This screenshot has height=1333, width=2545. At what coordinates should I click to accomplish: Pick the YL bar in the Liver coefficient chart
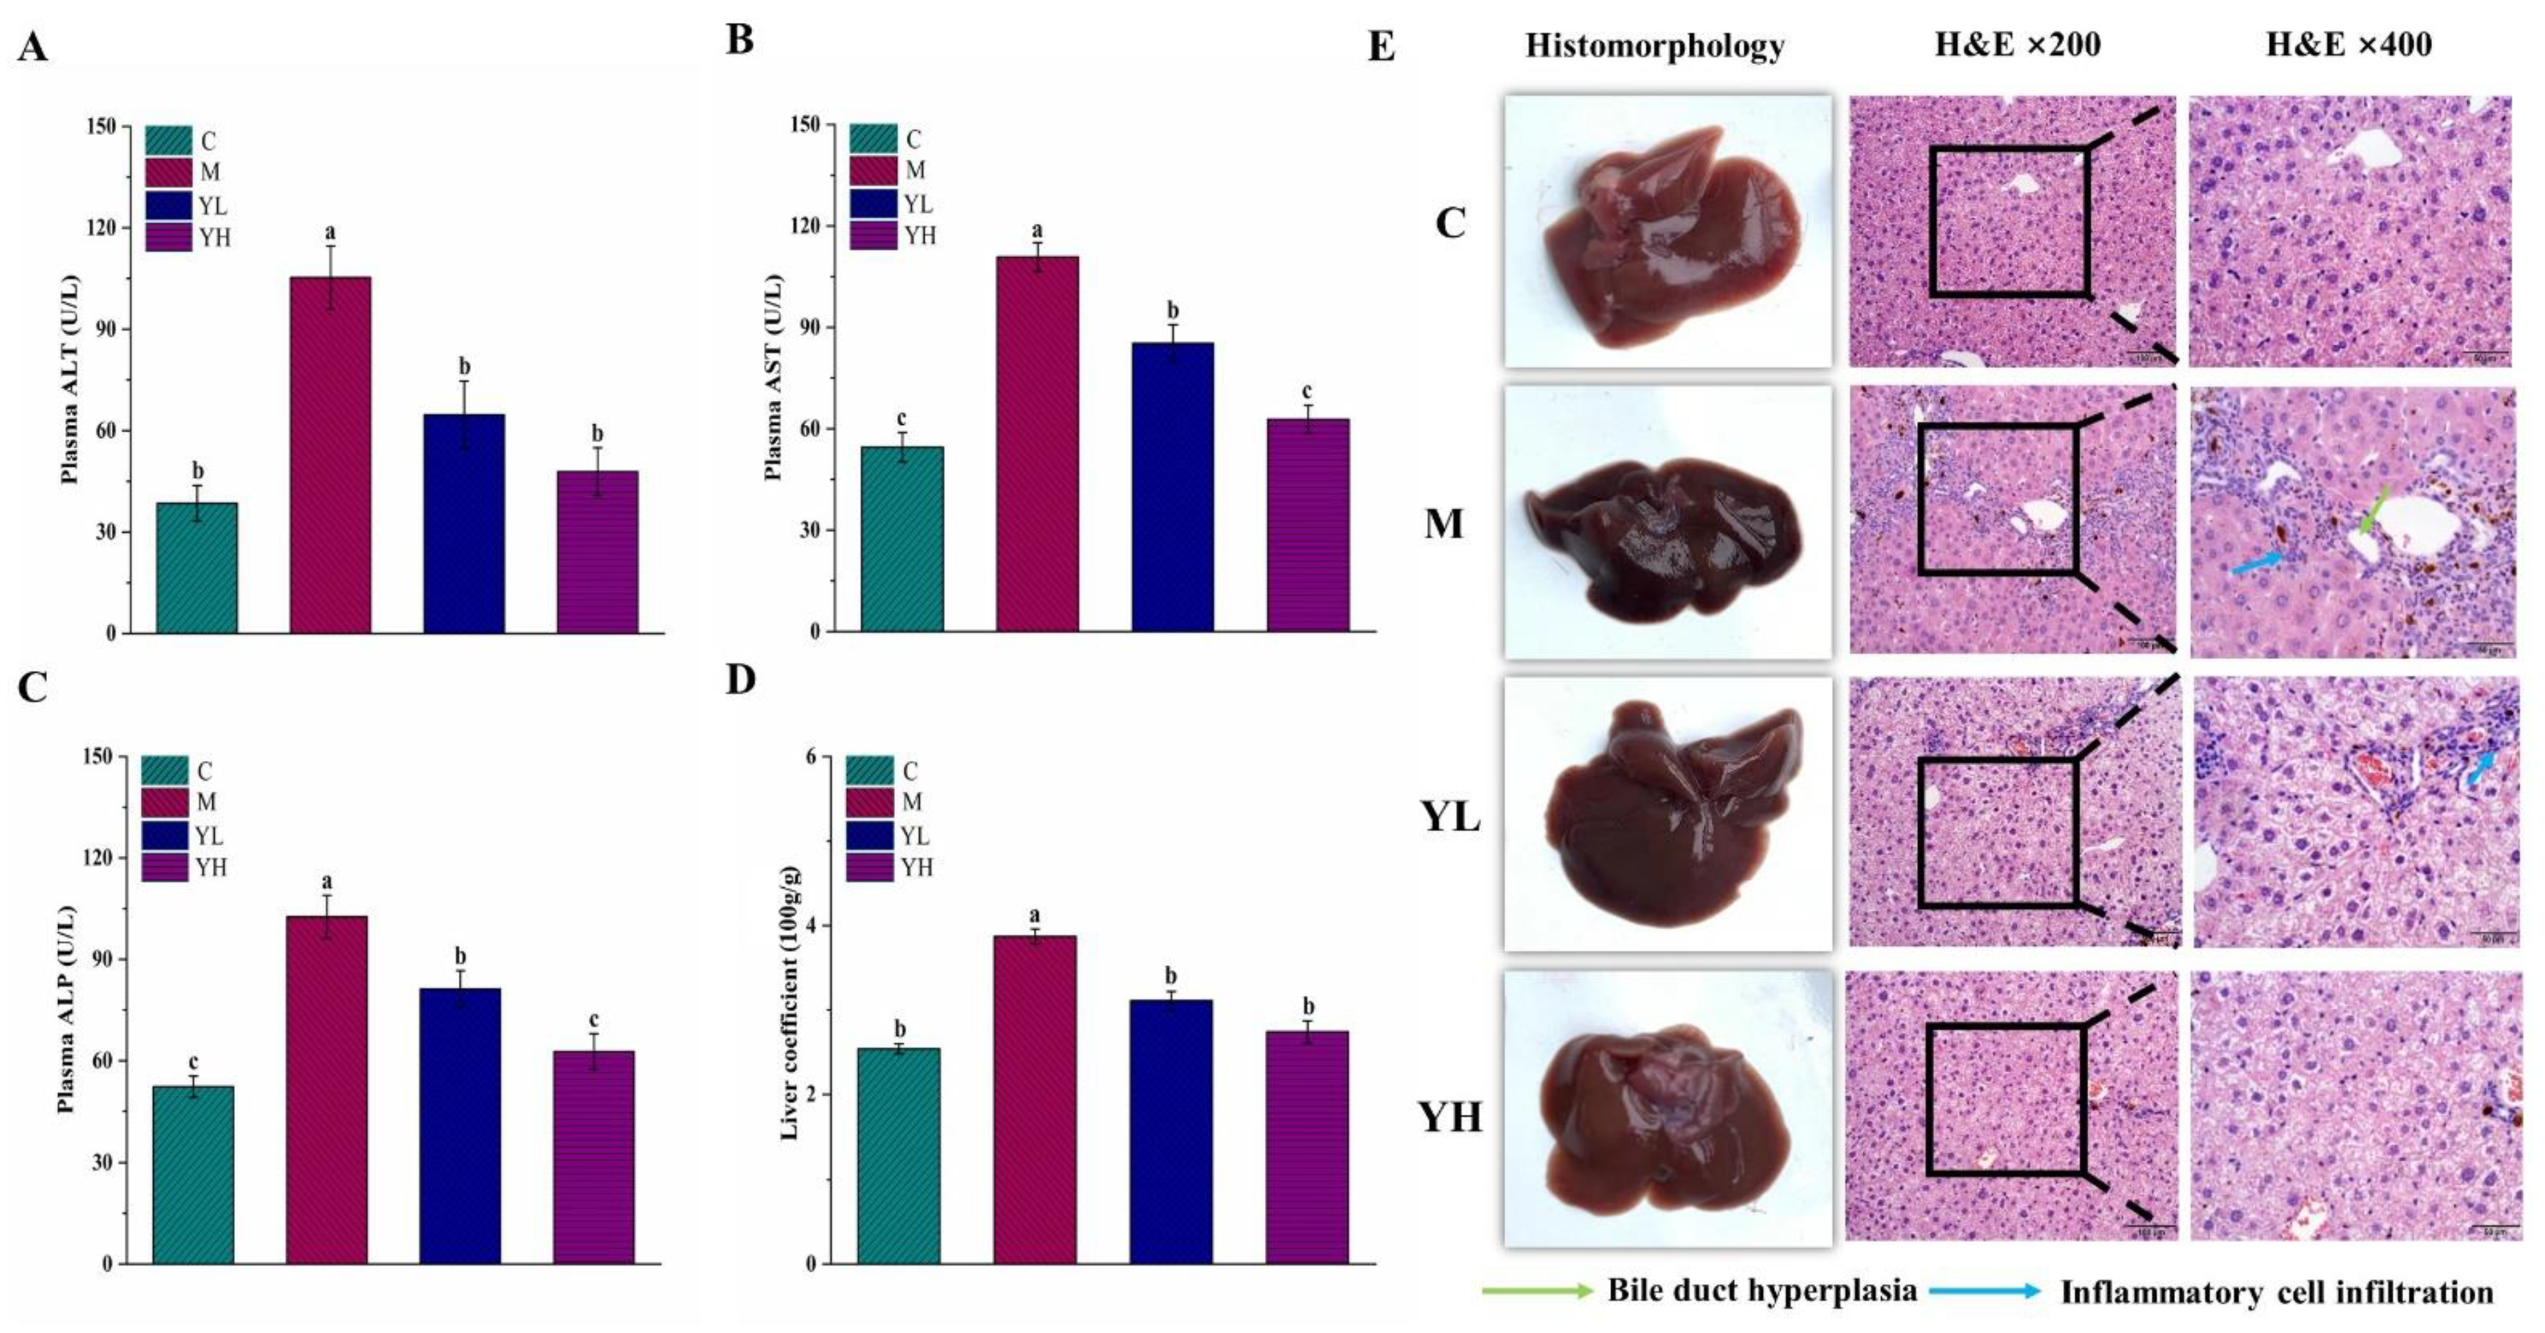pos(1171,1132)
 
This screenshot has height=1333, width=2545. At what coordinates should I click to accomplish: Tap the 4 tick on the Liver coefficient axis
pos(812,926)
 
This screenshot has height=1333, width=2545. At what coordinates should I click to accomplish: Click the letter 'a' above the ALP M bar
pos(327,881)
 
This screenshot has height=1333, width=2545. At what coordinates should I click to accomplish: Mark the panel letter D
pos(740,680)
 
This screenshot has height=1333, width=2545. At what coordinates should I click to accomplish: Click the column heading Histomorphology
pos(1655,46)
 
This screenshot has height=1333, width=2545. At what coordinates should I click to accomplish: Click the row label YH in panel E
pos(1451,1117)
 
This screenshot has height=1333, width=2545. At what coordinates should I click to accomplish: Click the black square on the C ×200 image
pos(2009,222)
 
